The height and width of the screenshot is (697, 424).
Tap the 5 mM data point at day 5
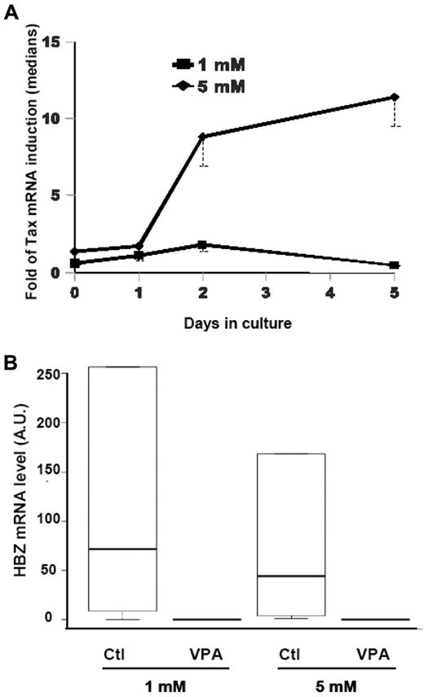click(395, 98)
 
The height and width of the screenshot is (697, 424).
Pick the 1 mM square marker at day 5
click(395, 265)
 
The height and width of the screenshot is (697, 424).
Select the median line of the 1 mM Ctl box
click(122, 549)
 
